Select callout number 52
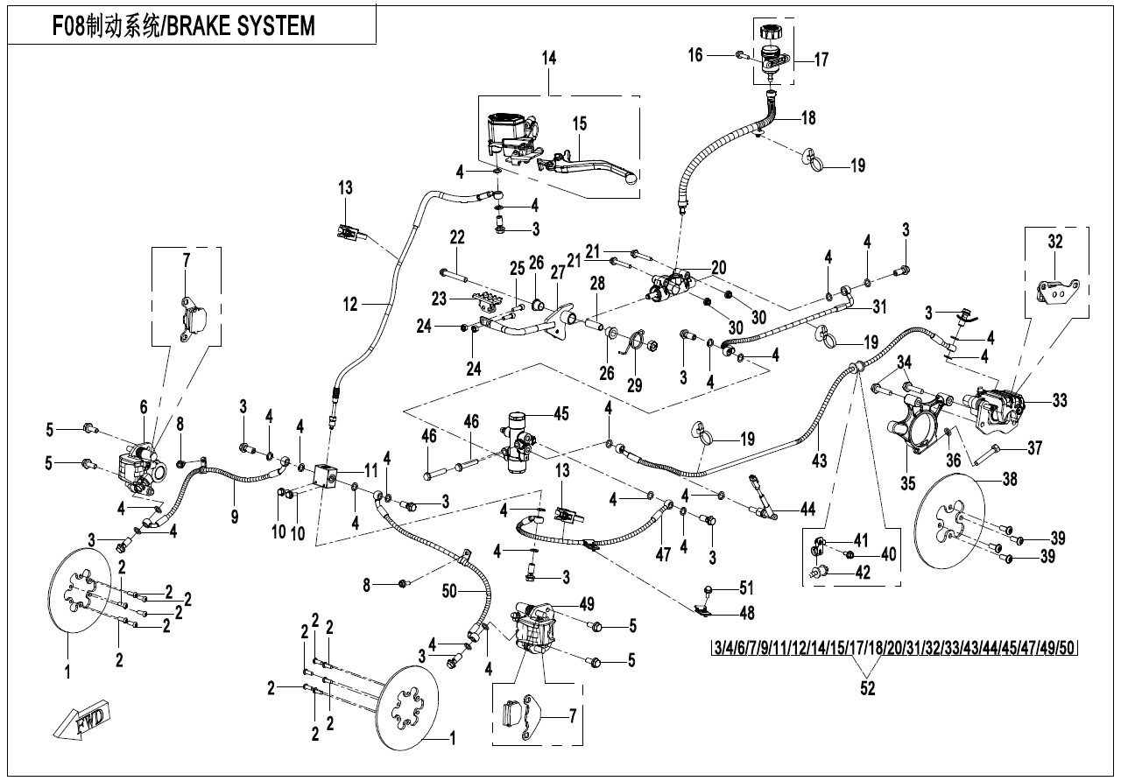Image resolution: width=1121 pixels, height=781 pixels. tap(867, 688)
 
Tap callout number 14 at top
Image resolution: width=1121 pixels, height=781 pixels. tap(549, 60)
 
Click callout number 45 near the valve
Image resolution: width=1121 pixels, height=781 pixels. tap(560, 413)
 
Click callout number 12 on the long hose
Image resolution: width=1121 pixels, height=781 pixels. tap(351, 305)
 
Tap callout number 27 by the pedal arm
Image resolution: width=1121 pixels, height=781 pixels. tap(558, 272)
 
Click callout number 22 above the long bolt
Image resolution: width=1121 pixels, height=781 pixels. tap(457, 236)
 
